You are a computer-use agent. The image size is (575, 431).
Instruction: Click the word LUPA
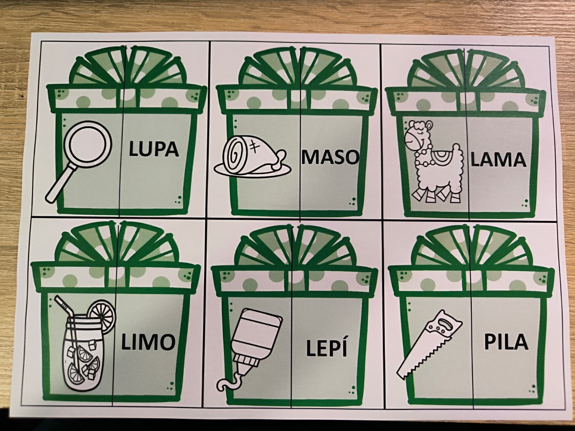click(x=154, y=149)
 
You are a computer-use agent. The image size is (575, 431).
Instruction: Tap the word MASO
click(x=330, y=157)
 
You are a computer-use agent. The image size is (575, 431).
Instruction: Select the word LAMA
click(x=498, y=160)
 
